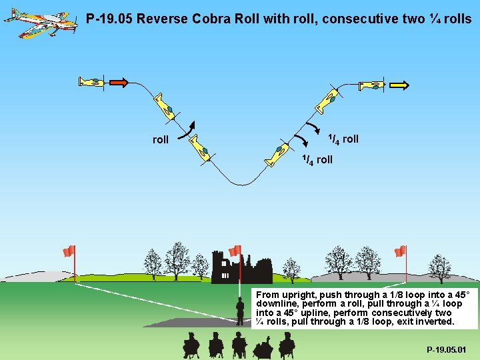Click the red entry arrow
(x=117, y=83)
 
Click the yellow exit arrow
(x=399, y=85)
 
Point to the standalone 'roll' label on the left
(x=161, y=139)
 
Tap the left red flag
(x=69, y=251)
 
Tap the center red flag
(x=235, y=251)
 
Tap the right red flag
(x=400, y=251)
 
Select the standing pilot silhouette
(x=240, y=310)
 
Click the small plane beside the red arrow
(x=92, y=82)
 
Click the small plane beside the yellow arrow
(x=371, y=85)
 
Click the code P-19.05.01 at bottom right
(x=447, y=349)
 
